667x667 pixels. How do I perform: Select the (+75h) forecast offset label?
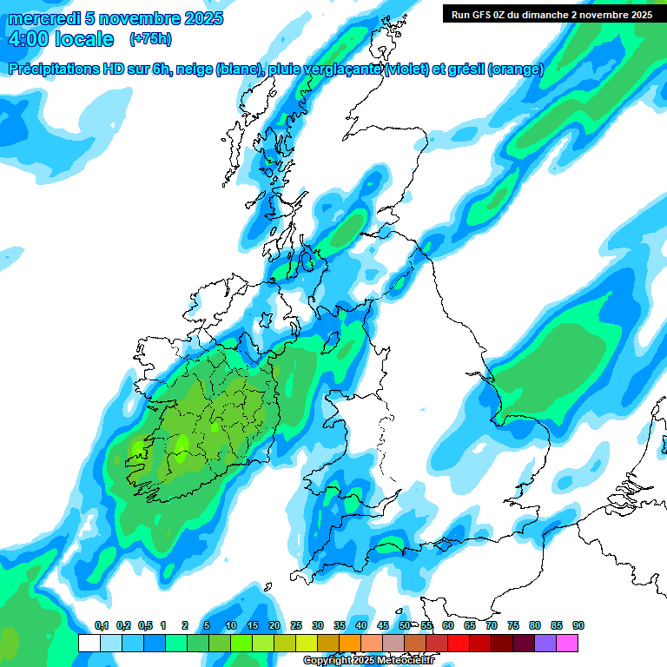click(149, 39)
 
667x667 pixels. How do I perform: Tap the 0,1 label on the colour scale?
click(101, 625)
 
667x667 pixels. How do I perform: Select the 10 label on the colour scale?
click(230, 625)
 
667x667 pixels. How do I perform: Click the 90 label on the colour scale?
click(578, 625)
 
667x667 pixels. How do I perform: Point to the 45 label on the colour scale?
click(383, 625)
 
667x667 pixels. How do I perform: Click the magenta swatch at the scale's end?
click(567, 643)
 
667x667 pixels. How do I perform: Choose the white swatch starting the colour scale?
click(89, 643)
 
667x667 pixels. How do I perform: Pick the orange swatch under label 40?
click(350, 643)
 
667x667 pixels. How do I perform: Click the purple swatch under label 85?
click(545, 643)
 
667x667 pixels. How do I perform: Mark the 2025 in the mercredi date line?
click(203, 18)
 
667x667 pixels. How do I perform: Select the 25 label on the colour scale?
click(296, 625)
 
